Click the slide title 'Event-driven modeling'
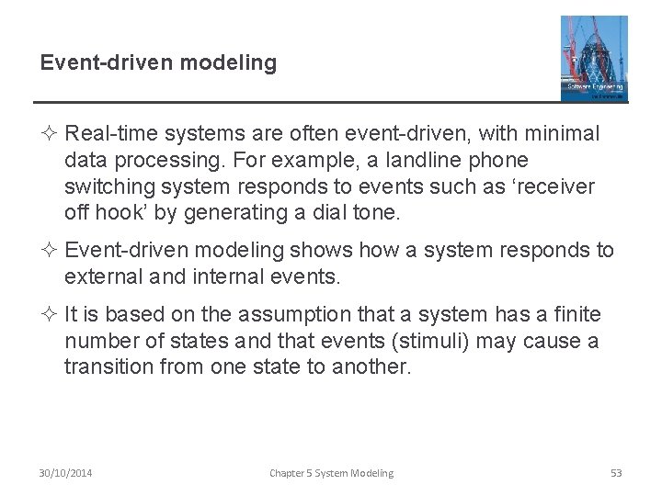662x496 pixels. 158,62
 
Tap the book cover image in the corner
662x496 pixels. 594,57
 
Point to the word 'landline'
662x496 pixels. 428,161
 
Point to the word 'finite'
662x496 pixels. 575,314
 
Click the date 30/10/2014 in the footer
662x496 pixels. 65,473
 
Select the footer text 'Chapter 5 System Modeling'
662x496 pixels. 331,473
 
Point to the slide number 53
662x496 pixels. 616,473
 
